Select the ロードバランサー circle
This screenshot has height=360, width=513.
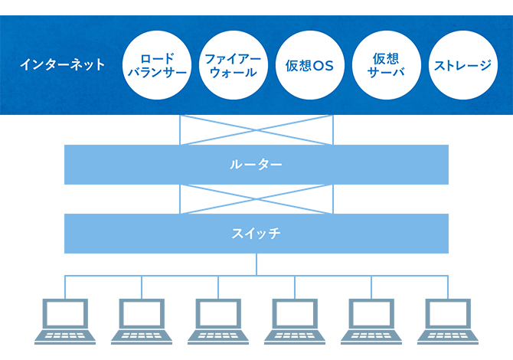point(157,65)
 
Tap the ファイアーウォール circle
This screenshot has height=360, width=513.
point(233,65)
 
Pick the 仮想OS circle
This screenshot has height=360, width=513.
point(308,65)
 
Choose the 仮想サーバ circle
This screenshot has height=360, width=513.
point(386,65)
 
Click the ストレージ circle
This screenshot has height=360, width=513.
point(462,65)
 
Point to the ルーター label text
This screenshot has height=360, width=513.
point(256,165)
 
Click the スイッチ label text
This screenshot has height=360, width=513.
point(256,234)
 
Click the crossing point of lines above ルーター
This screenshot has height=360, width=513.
point(256,129)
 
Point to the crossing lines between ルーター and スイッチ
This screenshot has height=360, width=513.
point(256,199)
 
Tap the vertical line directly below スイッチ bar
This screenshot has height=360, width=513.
point(256,264)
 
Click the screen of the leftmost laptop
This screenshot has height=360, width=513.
point(65,313)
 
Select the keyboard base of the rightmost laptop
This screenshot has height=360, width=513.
point(448,336)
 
